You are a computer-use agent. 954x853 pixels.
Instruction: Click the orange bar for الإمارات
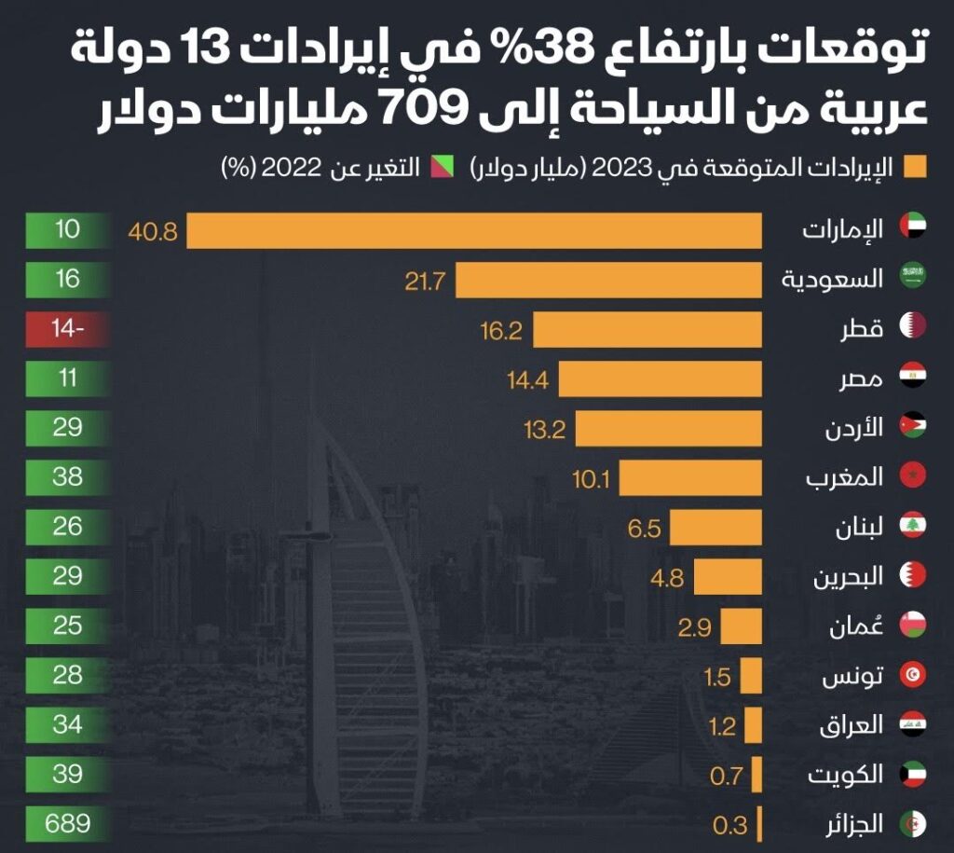[474, 231]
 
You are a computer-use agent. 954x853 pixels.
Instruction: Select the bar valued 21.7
[609, 280]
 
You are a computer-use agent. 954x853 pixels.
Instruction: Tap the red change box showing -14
[67, 329]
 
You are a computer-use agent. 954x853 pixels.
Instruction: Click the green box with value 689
[67, 824]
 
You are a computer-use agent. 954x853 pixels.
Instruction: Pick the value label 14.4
[528, 380]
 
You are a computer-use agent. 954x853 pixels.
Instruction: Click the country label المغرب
[844, 476]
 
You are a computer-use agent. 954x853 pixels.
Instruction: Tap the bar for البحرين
[728, 577]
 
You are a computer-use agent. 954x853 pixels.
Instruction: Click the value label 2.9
[695, 627]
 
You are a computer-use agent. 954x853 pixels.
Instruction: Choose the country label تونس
[852, 676]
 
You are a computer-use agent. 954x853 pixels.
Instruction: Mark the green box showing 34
[67, 725]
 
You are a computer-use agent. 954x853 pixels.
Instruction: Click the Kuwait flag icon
[913, 774]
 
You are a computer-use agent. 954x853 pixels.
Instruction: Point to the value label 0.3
[730, 826]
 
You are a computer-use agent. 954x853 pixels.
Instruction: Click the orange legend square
[915, 167]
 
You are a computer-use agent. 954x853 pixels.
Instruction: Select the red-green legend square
[443, 167]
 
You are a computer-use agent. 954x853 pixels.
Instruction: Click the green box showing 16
[67, 280]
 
